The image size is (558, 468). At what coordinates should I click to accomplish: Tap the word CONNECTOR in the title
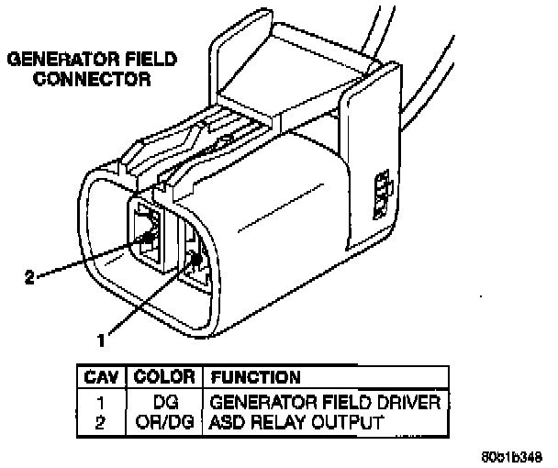(x=93, y=80)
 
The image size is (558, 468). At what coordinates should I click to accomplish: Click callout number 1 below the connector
(x=102, y=339)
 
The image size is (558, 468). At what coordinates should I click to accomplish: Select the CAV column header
(x=102, y=376)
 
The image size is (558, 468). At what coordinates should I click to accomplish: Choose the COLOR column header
(x=164, y=376)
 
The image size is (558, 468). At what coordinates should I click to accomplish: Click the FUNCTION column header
(x=256, y=376)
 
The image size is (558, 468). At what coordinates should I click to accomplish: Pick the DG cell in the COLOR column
(x=165, y=402)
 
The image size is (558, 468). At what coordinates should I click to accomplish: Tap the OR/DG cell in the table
(x=165, y=421)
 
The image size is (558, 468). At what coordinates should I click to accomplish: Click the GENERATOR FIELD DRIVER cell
(x=327, y=402)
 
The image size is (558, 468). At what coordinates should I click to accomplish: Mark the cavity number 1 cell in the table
(x=102, y=402)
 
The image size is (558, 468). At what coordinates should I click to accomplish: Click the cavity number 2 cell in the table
(x=102, y=421)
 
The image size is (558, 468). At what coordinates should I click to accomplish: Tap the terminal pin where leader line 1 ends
(x=195, y=261)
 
